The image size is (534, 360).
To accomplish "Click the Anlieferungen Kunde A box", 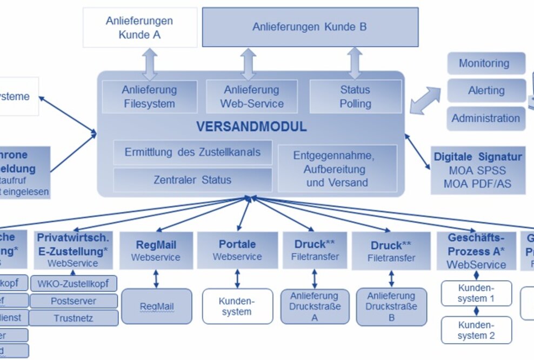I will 139,28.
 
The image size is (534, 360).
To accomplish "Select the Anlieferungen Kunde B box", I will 310,26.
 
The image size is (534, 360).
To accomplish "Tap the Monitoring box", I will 485,63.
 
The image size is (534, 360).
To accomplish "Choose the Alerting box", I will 485,90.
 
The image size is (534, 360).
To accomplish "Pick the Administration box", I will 485,118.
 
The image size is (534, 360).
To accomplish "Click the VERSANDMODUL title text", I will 251,128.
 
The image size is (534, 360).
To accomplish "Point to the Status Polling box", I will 355,96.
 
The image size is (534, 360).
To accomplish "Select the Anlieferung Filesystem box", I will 149,96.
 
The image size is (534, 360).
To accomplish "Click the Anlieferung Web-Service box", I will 251,96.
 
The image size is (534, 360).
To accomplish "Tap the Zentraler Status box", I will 192,180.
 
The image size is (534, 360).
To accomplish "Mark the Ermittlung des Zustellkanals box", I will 192,152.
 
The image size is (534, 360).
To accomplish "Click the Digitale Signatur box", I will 478,170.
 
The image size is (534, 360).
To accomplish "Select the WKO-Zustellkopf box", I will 74,283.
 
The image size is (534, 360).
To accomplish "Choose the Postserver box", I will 74,301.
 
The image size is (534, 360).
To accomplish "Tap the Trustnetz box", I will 74,318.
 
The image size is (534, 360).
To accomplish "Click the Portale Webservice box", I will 237,250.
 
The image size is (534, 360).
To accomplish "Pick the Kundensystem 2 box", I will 476,330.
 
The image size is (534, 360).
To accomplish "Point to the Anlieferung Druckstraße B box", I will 391,306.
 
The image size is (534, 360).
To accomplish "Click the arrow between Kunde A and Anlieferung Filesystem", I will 150,64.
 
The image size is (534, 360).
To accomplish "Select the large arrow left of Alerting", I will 425,101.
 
